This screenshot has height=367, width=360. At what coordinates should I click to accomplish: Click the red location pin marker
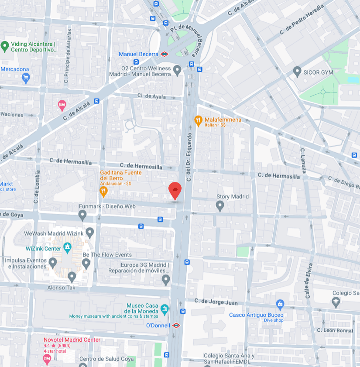[175, 190]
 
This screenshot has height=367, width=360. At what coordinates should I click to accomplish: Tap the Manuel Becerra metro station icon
[164, 54]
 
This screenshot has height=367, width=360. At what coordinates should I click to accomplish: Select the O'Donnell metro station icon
[176, 325]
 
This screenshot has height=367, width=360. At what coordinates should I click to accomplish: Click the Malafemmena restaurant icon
[198, 120]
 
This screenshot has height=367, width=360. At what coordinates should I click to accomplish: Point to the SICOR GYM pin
[297, 70]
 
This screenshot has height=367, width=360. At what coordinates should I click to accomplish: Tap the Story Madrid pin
[220, 205]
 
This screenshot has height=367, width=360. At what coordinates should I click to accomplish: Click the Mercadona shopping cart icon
[25, 78]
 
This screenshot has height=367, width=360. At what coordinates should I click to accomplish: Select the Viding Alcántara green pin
[5, 45]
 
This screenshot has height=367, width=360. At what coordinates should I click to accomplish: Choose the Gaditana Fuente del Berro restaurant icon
[103, 191]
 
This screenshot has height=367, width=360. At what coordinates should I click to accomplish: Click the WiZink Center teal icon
[67, 248]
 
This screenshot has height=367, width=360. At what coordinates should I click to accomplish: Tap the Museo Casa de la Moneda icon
[165, 309]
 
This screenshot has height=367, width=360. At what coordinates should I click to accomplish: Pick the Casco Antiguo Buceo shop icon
[280, 304]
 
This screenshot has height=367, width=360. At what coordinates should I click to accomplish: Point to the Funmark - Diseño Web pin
[82, 214]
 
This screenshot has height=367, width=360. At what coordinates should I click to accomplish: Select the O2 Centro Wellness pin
[177, 69]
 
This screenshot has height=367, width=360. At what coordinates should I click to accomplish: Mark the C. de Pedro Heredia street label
[302, 20]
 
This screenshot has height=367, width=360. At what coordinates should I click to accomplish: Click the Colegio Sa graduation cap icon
[336, 301]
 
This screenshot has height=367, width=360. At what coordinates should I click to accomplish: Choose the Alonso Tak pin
[72, 276]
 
